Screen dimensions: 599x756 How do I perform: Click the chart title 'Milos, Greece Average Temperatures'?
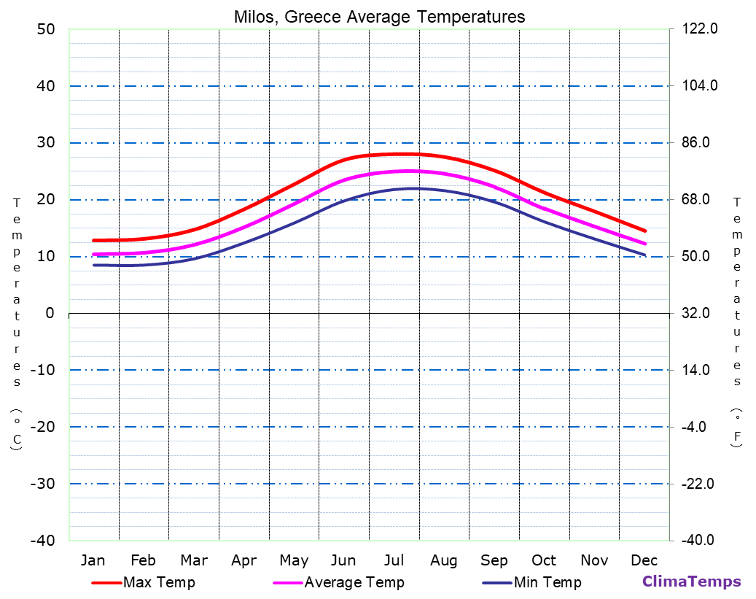[379, 17]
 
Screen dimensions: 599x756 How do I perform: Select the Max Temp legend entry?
[159, 582]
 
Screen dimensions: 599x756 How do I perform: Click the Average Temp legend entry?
[354, 582]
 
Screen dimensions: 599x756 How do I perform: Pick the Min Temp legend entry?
[547, 582]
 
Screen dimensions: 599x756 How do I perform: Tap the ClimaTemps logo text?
[691, 581]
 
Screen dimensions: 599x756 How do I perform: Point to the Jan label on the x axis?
[93, 560]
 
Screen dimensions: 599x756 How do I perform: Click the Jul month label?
[394, 560]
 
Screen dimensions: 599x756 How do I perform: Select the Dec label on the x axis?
[644, 560]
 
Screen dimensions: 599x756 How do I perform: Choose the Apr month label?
[243, 560]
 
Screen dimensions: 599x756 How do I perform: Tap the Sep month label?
[494, 560]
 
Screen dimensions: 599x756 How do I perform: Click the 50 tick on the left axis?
[45, 29]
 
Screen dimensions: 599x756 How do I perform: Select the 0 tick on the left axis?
[50, 313]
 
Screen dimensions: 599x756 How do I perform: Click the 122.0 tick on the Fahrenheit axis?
[700, 29]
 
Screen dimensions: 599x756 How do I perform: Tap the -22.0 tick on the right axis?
[698, 484]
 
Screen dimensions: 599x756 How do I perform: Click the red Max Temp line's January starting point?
[94, 240]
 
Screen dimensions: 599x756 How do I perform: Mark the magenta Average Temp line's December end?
[645, 244]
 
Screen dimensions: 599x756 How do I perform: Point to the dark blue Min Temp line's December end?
[645, 255]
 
